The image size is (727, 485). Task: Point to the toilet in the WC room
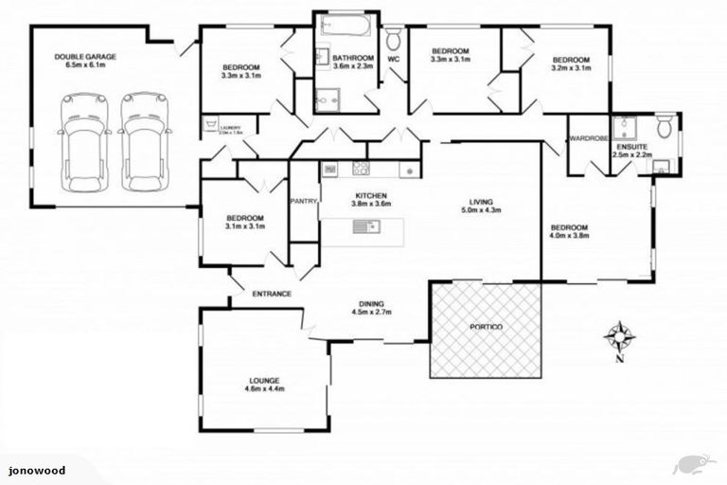(394, 38)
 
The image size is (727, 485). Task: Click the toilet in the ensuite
(666, 125)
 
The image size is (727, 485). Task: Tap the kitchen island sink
(363, 226)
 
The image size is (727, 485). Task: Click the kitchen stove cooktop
(361, 169)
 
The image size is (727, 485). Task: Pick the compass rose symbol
(619, 334)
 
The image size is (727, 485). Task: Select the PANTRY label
(304, 201)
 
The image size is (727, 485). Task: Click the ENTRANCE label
(271, 294)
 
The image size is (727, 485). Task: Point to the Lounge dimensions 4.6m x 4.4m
(265, 389)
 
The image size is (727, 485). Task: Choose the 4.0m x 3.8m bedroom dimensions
(570, 237)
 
